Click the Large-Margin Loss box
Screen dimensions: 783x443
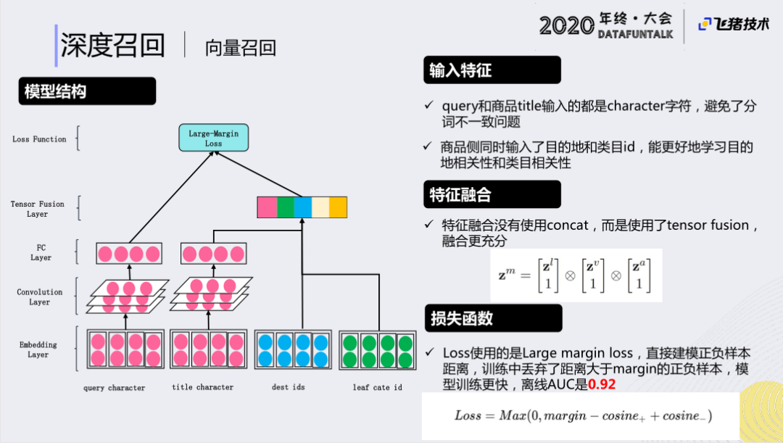coord(213,138)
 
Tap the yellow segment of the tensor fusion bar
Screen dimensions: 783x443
coord(339,207)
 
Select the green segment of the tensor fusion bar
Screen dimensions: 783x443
coord(285,207)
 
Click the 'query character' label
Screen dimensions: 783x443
coord(114,388)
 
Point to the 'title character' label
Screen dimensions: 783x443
coord(203,387)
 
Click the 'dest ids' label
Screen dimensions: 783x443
coord(289,387)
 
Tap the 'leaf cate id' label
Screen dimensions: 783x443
coord(377,387)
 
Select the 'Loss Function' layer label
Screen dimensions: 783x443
coord(39,139)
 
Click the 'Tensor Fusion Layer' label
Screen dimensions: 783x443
coord(38,209)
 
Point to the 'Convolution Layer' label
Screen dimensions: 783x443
coord(40,297)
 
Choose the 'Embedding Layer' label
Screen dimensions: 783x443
coord(38,349)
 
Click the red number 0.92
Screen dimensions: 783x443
coord(601,384)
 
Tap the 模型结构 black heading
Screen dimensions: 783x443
coord(87,91)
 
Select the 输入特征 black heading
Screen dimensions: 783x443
coord(492,70)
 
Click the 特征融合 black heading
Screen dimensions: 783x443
coord(492,194)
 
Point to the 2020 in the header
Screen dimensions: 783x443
coord(566,26)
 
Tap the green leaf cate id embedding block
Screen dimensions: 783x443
coord(377,350)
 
